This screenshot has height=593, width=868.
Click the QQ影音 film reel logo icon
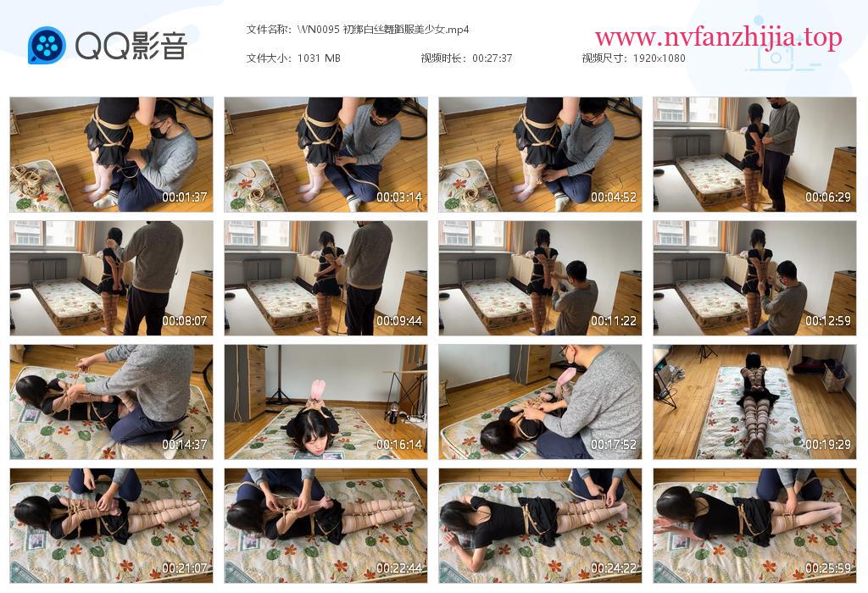pyautogui.click(x=47, y=46)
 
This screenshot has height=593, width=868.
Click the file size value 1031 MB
pyautogui.click(x=319, y=58)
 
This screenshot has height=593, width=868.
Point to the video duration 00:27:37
pyautogui.click(x=492, y=58)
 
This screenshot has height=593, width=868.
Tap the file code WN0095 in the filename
pyautogui.click(x=319, y=30)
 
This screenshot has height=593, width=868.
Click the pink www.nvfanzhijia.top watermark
pyautogui.click(x=718, y=37)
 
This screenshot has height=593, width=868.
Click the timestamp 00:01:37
pyautogui.click(x=184, y=197)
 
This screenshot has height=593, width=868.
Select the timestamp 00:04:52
pyautogui.click(x=614, y=197)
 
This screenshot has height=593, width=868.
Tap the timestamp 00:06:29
pyautogui.click(x=827, y=197)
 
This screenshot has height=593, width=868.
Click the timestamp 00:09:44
pyautogui.click(x=399, y=321)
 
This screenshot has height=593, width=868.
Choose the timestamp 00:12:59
pyautogui.click(x=827, y=321)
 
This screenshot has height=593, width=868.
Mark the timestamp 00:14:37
pyautogui.click(x=184, y=445)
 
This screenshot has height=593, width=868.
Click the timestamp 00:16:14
pyautogui.click(x=399, y=445)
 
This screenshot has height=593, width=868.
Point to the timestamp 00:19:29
pyautogui.click(x=827, y=445)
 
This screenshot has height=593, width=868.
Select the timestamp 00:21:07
pyautogui.click(x=184, y=568)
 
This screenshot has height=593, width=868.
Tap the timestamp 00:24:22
pyautogui.click(x=614, y=568)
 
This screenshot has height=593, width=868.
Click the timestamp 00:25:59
pyautogui.click(x=827, y=568)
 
